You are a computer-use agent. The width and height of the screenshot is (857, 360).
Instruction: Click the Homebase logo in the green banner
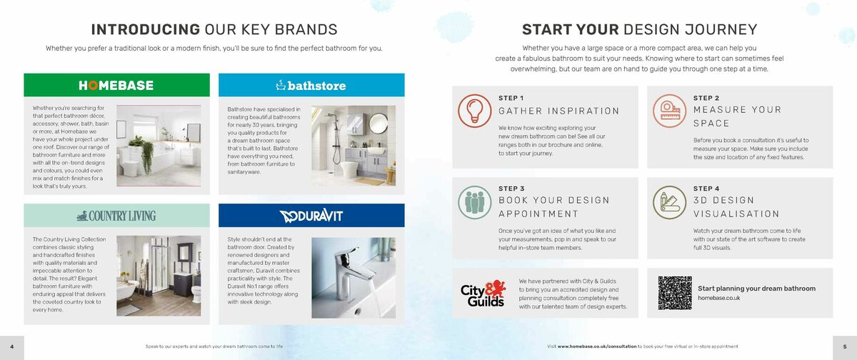[116, 85]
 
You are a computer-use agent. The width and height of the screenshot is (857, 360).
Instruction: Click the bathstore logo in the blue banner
[311, 85]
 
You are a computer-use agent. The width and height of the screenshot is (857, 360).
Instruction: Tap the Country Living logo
[116, 215]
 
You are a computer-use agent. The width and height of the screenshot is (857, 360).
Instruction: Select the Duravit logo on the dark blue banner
[311, 215]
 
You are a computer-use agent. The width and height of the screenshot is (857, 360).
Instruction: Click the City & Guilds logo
[483, 293]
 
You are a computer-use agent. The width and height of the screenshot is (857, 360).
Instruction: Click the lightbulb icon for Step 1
[475, 111]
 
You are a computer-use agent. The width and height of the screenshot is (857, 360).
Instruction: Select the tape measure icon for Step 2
[670, 111]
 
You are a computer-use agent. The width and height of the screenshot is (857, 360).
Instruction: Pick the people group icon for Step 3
[475, 202]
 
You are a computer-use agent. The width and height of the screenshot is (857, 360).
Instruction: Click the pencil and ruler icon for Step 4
[670, 202]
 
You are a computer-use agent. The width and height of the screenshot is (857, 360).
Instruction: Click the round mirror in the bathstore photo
[378, 126]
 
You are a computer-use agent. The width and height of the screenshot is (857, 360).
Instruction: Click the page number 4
[11, 346]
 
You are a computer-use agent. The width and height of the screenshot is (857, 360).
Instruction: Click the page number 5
[844, 346]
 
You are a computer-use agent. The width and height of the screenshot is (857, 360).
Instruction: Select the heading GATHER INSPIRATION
[558, 111]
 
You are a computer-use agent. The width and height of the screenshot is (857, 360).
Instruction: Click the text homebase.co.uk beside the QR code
[718, 298]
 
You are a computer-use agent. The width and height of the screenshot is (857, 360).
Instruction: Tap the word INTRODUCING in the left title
[145, 29]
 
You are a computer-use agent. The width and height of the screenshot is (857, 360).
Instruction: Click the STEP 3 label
[511, 189]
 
